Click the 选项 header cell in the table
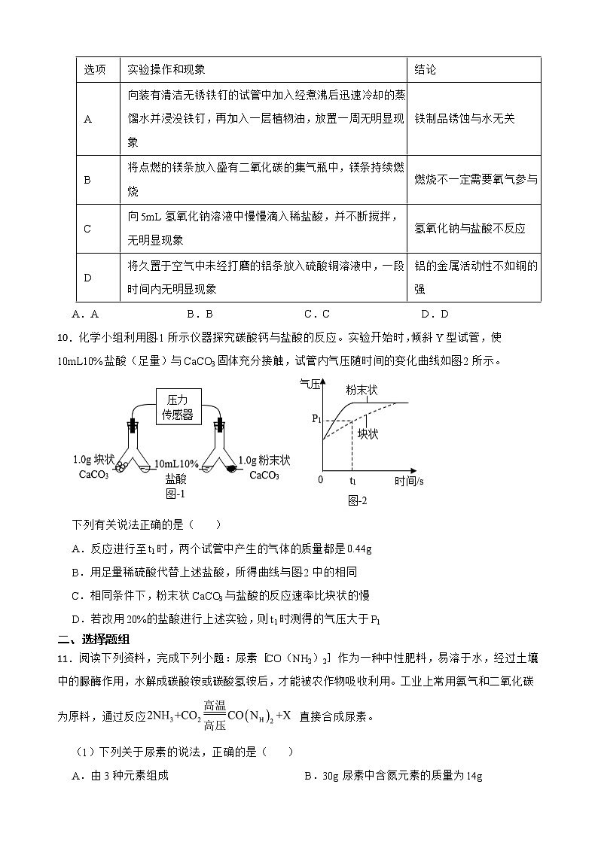coord(94,70)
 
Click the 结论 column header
coord(426,70)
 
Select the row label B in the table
coord(87,180)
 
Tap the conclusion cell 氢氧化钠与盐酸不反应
coord(470,229)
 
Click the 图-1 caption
coord(175,494)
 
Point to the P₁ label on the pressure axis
coord(316,419)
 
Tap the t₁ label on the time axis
coord(352,479)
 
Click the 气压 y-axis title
coord(310,384)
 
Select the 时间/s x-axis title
coord(410,479)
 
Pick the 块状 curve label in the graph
coord(368,434)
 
